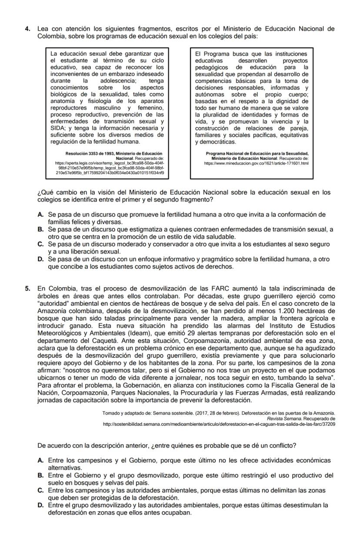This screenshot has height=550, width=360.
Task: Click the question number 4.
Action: tap(27, 29)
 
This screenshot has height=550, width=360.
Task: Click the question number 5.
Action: tap(27, 288)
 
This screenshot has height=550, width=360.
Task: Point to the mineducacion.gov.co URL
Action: tap(256, 163)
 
